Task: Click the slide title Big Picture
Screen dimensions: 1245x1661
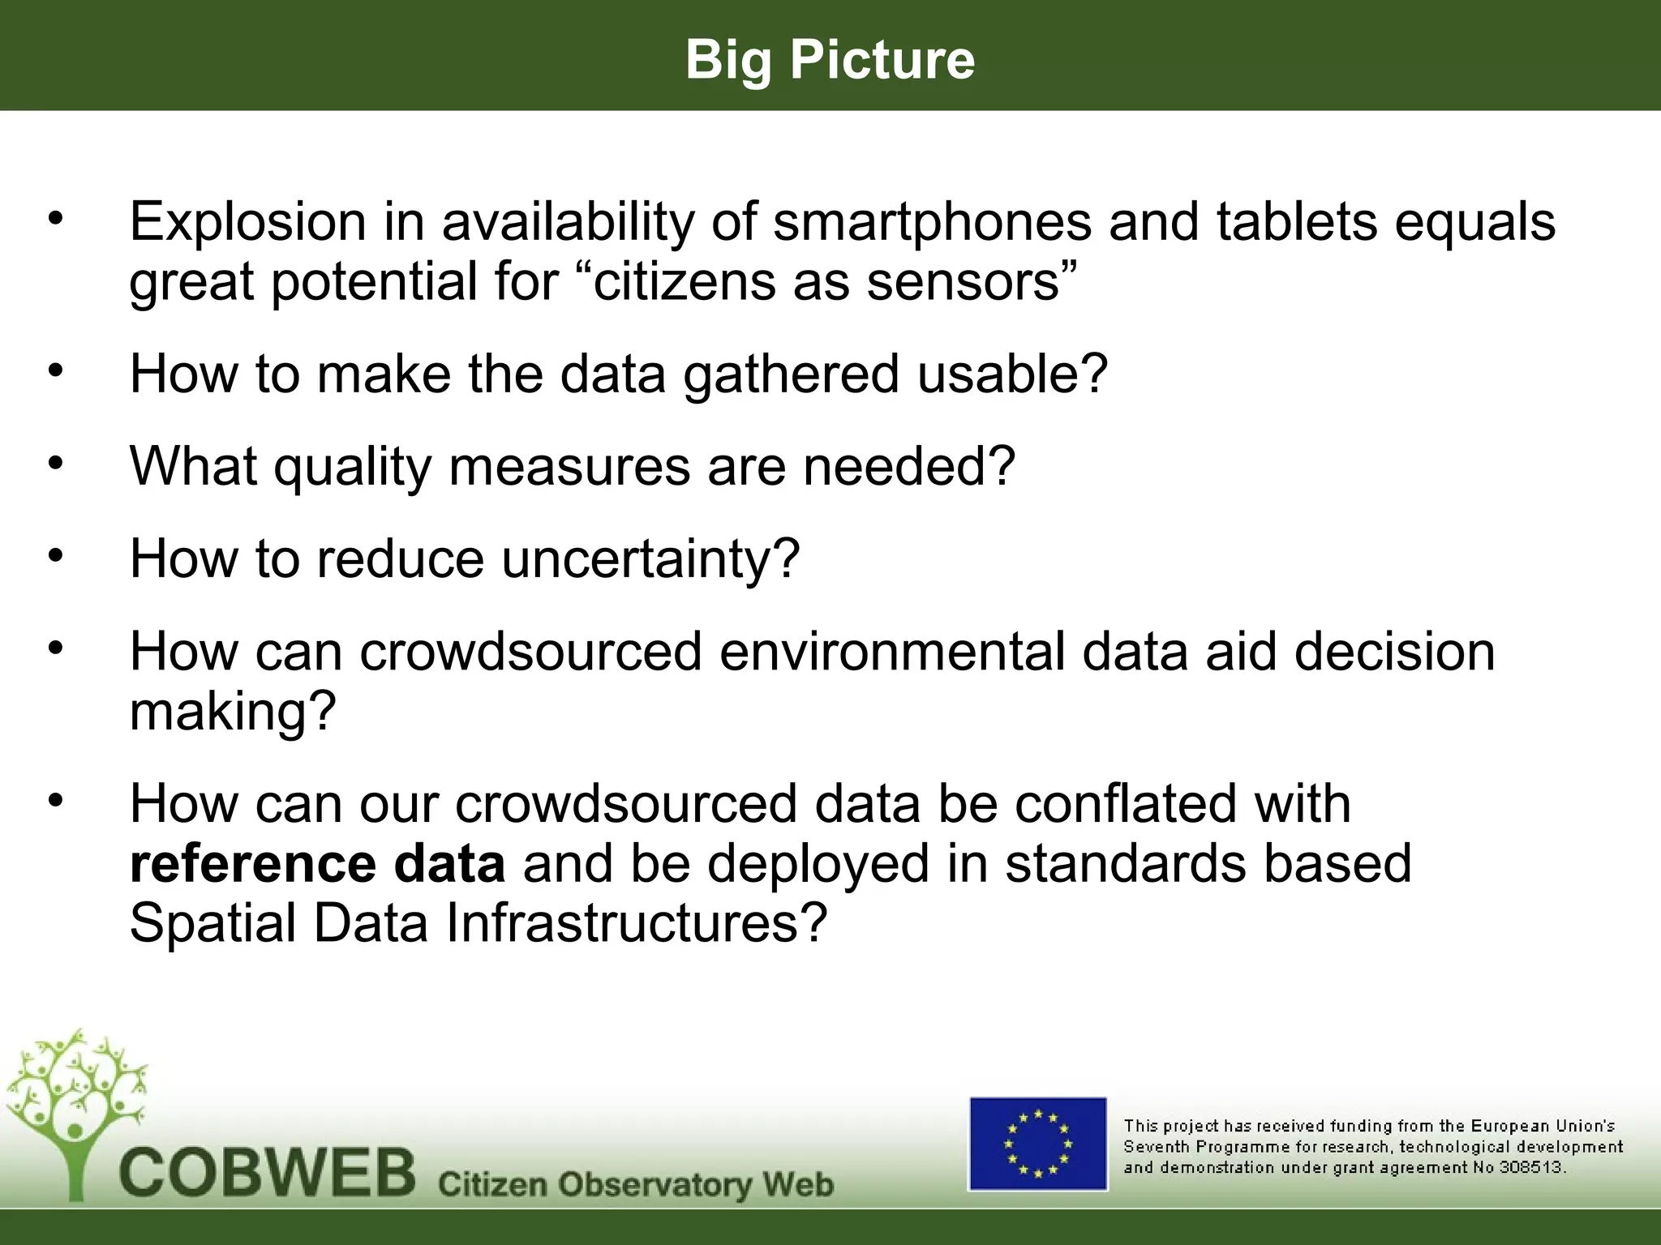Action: point(830,60)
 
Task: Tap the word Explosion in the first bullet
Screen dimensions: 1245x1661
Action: point(247,221)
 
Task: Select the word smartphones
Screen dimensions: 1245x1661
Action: point(932,221)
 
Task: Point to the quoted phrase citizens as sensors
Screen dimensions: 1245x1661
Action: point(835,281)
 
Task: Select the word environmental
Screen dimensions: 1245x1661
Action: point(891,652)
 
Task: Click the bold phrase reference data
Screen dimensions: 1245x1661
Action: point(317,863)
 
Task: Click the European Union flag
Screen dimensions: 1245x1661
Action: point(1037,1144)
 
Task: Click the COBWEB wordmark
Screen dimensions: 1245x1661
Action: point(267,1174)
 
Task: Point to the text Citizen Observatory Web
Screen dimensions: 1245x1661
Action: point(636,1184)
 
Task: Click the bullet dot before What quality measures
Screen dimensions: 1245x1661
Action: point(55,464)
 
